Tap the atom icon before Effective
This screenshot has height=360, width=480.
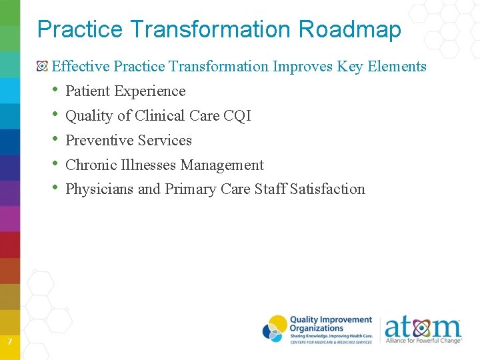click(43, 67)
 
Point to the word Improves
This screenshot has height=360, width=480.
click(305, 67)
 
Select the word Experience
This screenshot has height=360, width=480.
click(150, 91)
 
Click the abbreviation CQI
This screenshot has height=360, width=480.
click(237, 116)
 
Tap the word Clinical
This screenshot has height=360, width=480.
click(159, 116)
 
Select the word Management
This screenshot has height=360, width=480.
click(222, 165)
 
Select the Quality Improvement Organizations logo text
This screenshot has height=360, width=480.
click(330, 326)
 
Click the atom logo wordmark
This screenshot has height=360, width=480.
click(422, 328)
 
